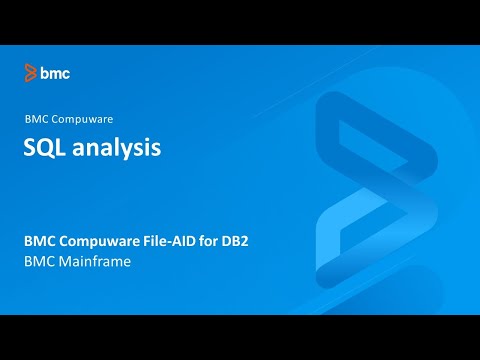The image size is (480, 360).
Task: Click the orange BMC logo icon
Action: [31, 72]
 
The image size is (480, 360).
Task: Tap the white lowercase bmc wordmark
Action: [55, 72]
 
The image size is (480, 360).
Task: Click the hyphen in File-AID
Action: [175, 242]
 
